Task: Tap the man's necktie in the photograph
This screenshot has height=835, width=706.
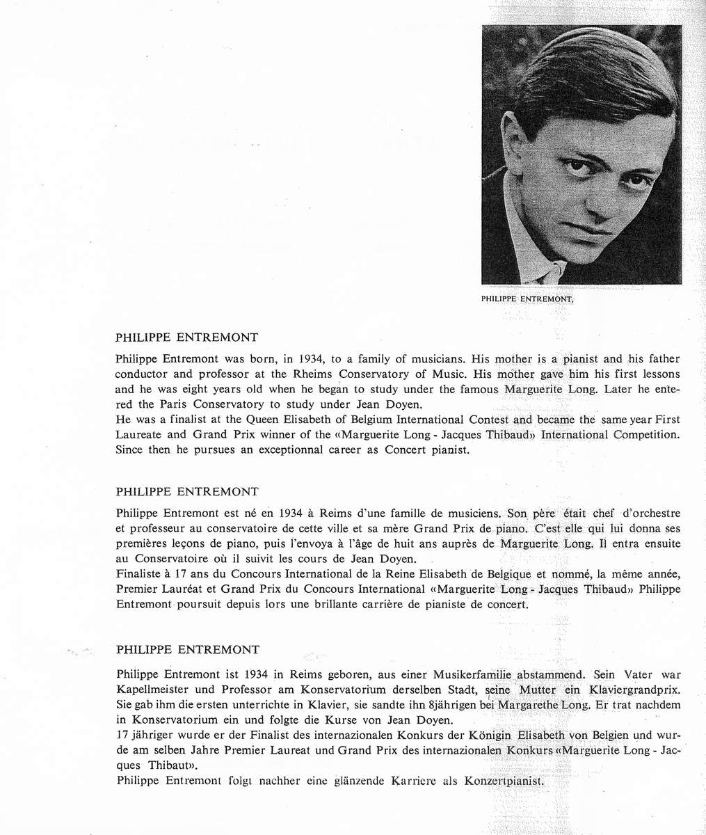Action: (x=556, y=273)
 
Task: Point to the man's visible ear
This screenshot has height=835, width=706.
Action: (x=513, y=139)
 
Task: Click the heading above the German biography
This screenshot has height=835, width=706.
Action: (x=188, y=650)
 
